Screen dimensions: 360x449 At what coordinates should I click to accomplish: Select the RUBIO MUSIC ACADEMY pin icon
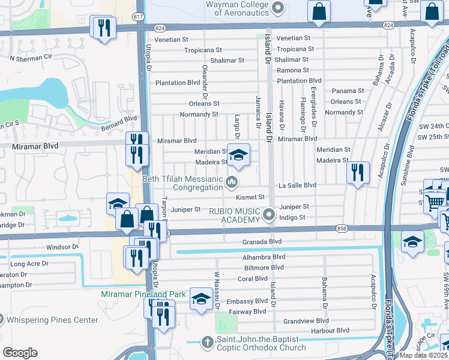270,214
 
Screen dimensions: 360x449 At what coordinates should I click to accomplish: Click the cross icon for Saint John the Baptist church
207,343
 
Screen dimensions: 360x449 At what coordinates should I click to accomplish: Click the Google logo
20,353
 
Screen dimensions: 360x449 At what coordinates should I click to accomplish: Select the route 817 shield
139,17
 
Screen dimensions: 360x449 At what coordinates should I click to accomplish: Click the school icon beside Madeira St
238,156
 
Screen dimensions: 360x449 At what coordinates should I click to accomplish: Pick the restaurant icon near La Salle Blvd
358,172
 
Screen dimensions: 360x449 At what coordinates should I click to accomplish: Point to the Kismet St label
250,197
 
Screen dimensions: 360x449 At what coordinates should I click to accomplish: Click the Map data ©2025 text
424,355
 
